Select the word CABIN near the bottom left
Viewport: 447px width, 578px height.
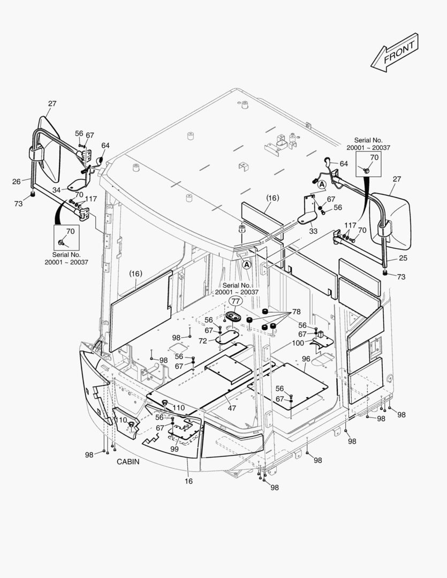(x=128, y=462)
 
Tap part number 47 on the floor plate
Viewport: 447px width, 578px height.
(x=232, y=408)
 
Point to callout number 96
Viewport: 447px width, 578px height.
(x=306, y=359)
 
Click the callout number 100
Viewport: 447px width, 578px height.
(x=298, y=343)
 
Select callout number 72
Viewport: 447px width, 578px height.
(x=202, y=341)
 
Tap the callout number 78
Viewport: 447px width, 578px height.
(x=296, y=312)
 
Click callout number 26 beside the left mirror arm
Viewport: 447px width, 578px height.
(x=17, y=181)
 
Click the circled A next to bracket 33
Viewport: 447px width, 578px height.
(x=322, y=184)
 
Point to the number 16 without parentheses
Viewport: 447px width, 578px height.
(x=189, y=481)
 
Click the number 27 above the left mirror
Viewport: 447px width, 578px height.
(x=52, y=103)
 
